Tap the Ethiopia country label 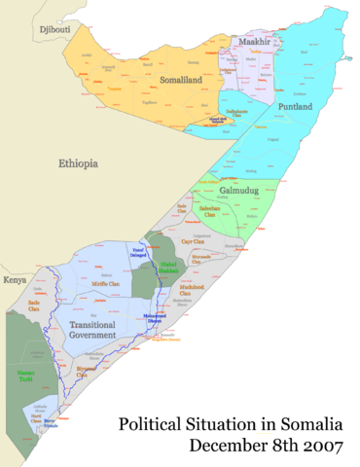tap(78, 163)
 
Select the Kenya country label tap(15, 280)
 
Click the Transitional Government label tap(93, 329)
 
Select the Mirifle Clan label tap(106, 284)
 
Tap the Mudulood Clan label tap(192, 287)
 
